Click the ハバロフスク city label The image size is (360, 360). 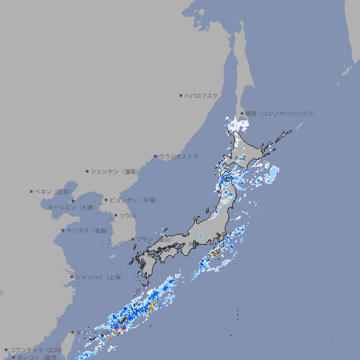(x=202, y=95)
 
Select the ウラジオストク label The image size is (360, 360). (x=179, y=156)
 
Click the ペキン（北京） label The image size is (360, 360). (x=54, y=191)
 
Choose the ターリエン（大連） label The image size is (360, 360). (x=71, y=207)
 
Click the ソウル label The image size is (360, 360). (x=127, y=215)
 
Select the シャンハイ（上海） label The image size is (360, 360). (x=99, y=277)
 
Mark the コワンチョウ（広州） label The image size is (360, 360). (x=36, y=349)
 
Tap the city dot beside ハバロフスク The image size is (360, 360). (x=181, y=95)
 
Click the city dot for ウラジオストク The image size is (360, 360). (x=155, y=156)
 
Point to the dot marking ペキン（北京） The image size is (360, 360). (x=32, y=191)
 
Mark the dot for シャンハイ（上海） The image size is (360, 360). (x=72, y=277)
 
